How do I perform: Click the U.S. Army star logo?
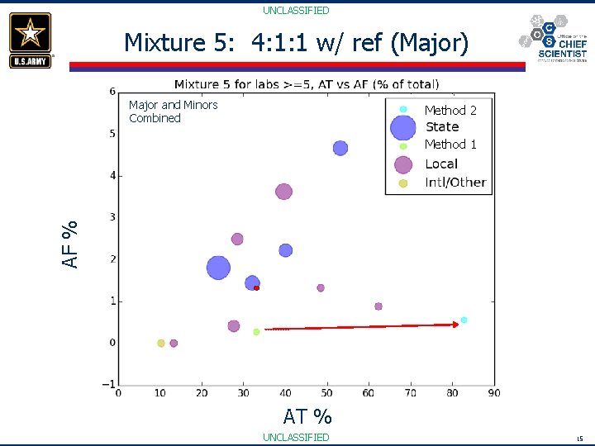tap(31, 39)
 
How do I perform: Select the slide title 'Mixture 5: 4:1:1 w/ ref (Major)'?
tap(296, 43)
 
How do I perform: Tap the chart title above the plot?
tap(307, 83)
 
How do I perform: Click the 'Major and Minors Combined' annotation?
tap(173, 111)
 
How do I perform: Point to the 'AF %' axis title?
tap(72, 243)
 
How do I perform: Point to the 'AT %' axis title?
tap(307, 415)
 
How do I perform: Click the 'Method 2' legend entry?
tap(450, 110)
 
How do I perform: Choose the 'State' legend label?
tap(442, 127)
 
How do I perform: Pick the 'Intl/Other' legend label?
tap(455, 183)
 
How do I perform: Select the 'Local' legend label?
tap(441, 164)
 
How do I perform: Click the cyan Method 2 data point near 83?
tap(464, 320)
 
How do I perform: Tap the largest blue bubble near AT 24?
tap(218, 268)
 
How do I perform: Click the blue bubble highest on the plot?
tap(340, 148)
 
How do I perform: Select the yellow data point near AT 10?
tap(161, 343)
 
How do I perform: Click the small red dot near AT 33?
tap(257, 288)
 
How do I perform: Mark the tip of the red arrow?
tap(458, 325)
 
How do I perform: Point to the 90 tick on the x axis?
tap(494, 393)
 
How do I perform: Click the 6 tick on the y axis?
tap(112, 92)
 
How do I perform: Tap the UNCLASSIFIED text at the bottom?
tap(296, 437)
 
